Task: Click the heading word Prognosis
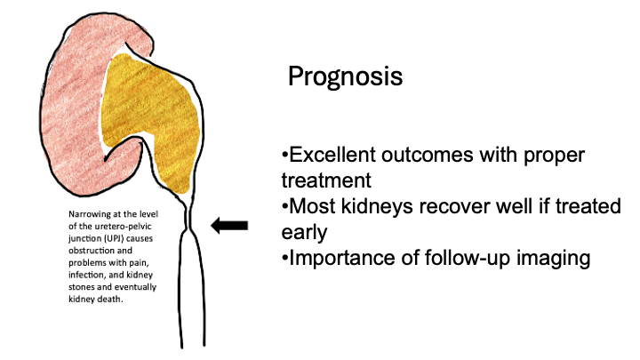(x=345, y=77)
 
